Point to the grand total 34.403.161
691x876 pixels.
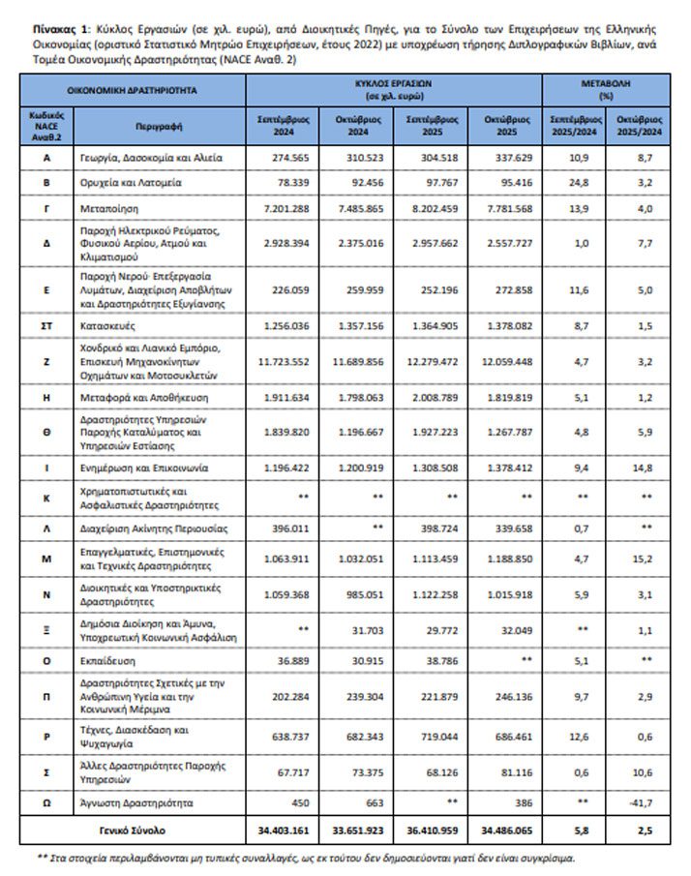tap(283, 831)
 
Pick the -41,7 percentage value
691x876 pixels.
tap(643, 802)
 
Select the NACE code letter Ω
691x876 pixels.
tap(46, 802)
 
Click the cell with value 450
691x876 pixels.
tap(283, 802)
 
